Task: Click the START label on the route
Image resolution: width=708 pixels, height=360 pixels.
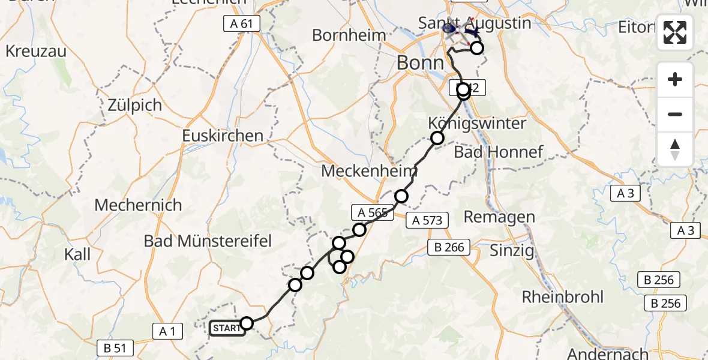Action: coord(227,328)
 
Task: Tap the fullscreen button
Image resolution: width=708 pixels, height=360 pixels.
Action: coord(675,32)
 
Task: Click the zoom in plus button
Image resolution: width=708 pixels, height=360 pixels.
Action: coord(675,79)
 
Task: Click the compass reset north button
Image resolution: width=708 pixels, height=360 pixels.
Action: coord(675,149)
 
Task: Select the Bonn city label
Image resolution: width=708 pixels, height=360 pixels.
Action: coord(420,62)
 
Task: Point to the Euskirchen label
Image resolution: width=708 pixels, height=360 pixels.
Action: coord(223,136)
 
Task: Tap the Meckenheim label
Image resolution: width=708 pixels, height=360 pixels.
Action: coord(369,171)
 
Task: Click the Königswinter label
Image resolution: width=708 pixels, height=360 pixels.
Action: coord(477,124)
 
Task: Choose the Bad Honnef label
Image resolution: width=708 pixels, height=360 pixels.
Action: coord(499,152)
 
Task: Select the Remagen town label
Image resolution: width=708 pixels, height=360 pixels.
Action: coord(499,217)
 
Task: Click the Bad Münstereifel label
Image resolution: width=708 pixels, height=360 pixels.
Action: coord(208,241)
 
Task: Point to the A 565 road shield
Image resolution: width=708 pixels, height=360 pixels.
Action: coord(373,212)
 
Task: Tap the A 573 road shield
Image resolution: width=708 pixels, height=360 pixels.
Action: coord(427,220)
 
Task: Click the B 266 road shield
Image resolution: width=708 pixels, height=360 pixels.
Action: coord(446,247)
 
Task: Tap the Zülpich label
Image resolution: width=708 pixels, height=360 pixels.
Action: coord(135,106)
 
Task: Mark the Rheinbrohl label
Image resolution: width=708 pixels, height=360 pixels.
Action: coord(562,296)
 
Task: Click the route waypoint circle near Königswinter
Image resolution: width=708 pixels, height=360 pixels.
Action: coord(437,138)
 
